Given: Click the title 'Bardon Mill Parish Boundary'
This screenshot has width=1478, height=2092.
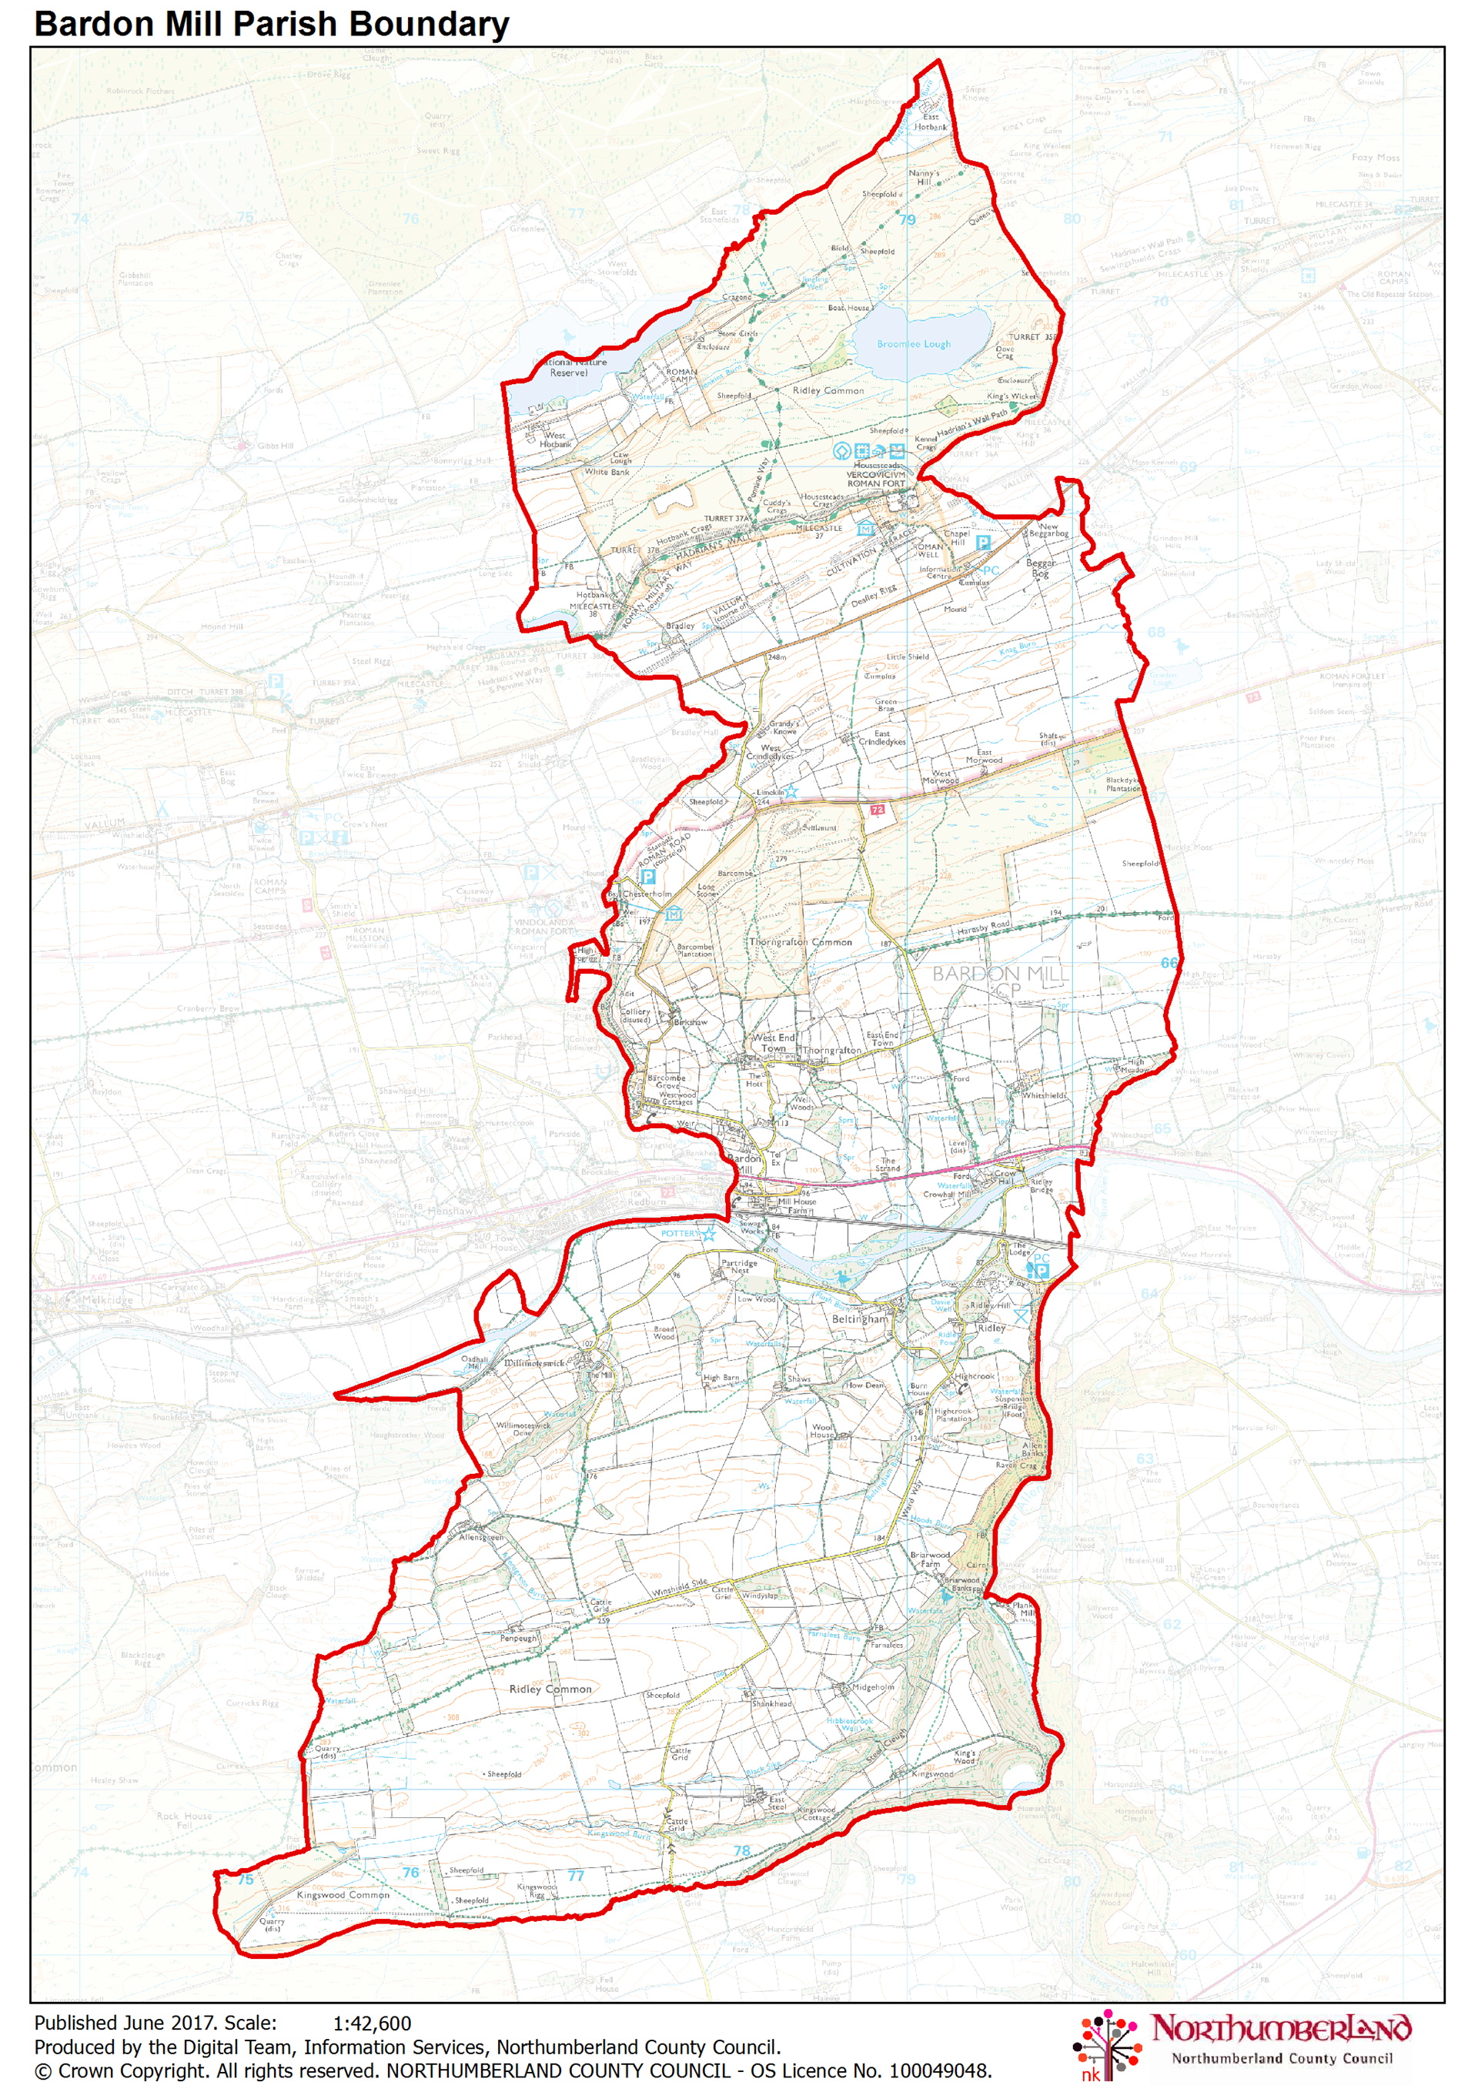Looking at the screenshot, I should [271, 24].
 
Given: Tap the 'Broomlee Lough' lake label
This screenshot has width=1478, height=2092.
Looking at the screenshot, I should [913, 343].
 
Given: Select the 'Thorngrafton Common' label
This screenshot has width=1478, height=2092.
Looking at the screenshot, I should [800, 941].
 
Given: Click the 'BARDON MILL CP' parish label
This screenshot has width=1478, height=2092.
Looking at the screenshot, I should [1000, 981].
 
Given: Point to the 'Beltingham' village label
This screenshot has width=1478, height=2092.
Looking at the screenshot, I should [858, 1318].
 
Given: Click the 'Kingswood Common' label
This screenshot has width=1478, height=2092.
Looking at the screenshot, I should [343, 1894].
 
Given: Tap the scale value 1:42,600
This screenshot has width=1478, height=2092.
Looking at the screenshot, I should [372, 2023].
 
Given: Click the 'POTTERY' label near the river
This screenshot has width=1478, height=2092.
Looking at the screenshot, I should [679, 1233].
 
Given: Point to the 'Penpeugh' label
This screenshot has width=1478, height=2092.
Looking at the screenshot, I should [519, 1638].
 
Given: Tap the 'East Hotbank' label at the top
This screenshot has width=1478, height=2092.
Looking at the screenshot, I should [931, 122].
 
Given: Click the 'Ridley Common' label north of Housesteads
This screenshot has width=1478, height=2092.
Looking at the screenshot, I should [828, 390].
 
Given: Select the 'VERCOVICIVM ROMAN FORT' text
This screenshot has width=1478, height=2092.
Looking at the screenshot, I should [876, 478].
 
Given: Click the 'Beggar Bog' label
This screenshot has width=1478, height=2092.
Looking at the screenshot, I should [1041, 568].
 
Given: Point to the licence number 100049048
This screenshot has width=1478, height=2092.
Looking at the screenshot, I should [938, 2070].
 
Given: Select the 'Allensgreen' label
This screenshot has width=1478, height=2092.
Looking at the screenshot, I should [480, 1536].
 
